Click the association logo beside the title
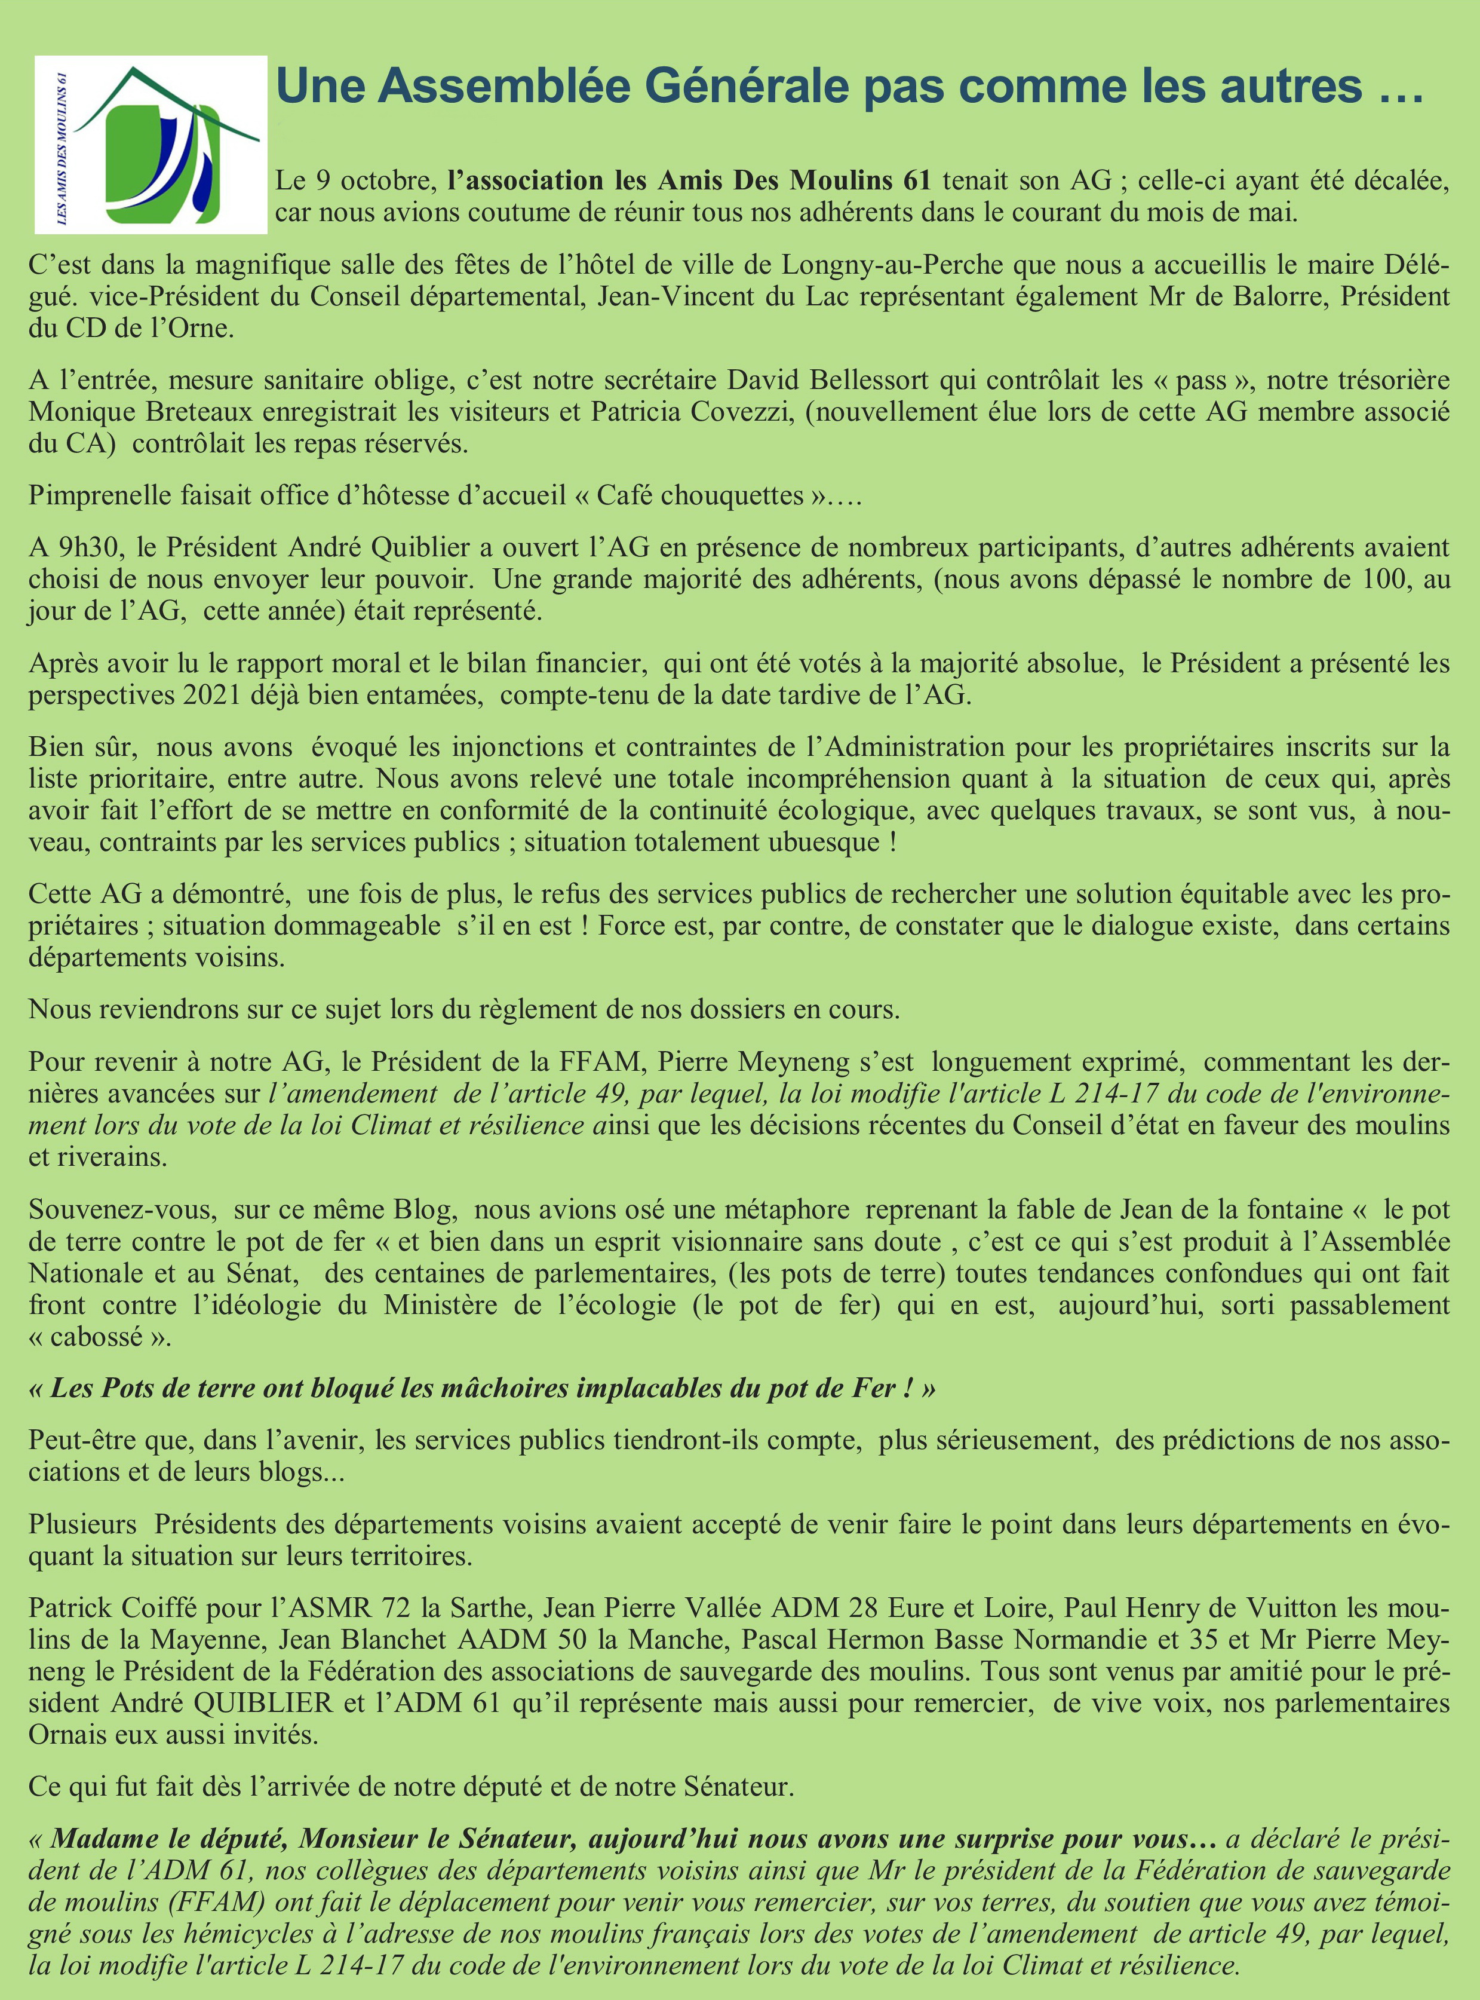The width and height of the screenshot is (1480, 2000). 151,144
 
